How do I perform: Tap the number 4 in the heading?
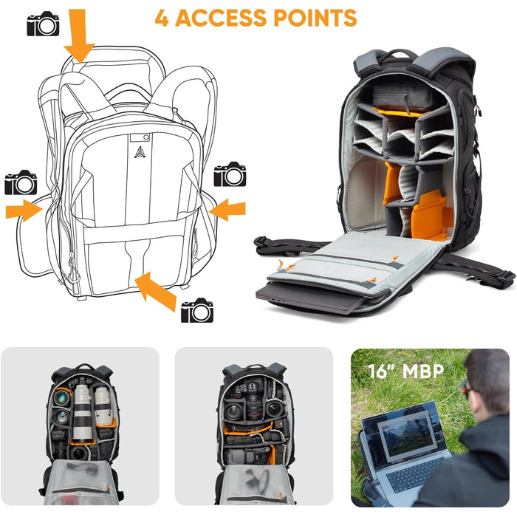(x=162, y=17)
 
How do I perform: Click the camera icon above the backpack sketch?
(x=43, y=24)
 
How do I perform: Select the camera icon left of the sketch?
(x=21, y=182)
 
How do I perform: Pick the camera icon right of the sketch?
(x=230, y=175)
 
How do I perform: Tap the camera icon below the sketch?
(x=197, y=311)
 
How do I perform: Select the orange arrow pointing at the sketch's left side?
(x=24, y=210)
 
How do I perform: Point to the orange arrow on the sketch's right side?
(x=227, y=210)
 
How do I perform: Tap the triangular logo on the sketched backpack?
(x=138, y=151)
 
